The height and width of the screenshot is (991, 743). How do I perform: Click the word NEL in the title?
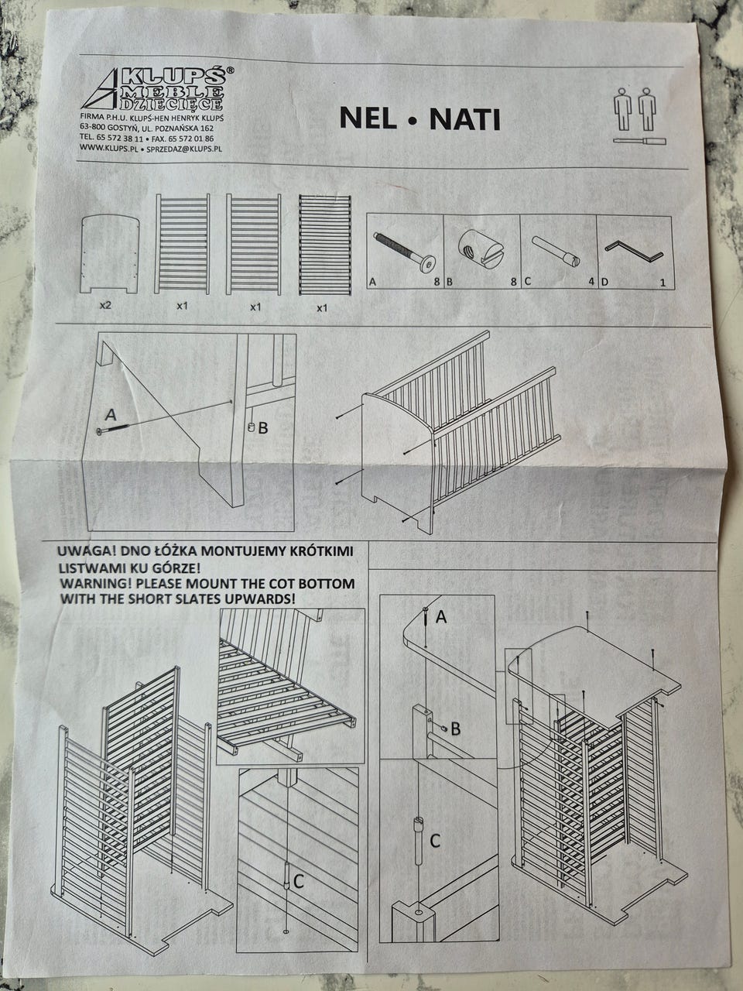pos(367,119)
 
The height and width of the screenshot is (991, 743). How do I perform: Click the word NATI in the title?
pos(465,120)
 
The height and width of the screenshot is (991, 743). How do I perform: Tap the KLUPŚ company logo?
pos(158,89)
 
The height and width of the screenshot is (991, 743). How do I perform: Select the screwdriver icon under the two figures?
pos(640,141)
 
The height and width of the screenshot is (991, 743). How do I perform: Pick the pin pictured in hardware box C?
pos(556,252)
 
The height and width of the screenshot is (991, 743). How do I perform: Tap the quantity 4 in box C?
pos(591,283)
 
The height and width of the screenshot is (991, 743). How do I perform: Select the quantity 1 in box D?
pos(663,283)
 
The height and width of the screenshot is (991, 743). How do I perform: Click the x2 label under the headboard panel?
pos(104,306)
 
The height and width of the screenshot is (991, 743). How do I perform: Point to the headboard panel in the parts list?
pos(109,254)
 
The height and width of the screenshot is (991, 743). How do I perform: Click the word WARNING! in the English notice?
pos(95,583)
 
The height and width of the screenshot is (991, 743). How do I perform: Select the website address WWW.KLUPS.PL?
pos(108,147)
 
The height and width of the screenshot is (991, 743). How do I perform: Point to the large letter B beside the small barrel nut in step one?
pos(263,427)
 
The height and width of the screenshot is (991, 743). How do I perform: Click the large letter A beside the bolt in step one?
pos(111,414)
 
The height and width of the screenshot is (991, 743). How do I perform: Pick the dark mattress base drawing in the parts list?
pos(324,245)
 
